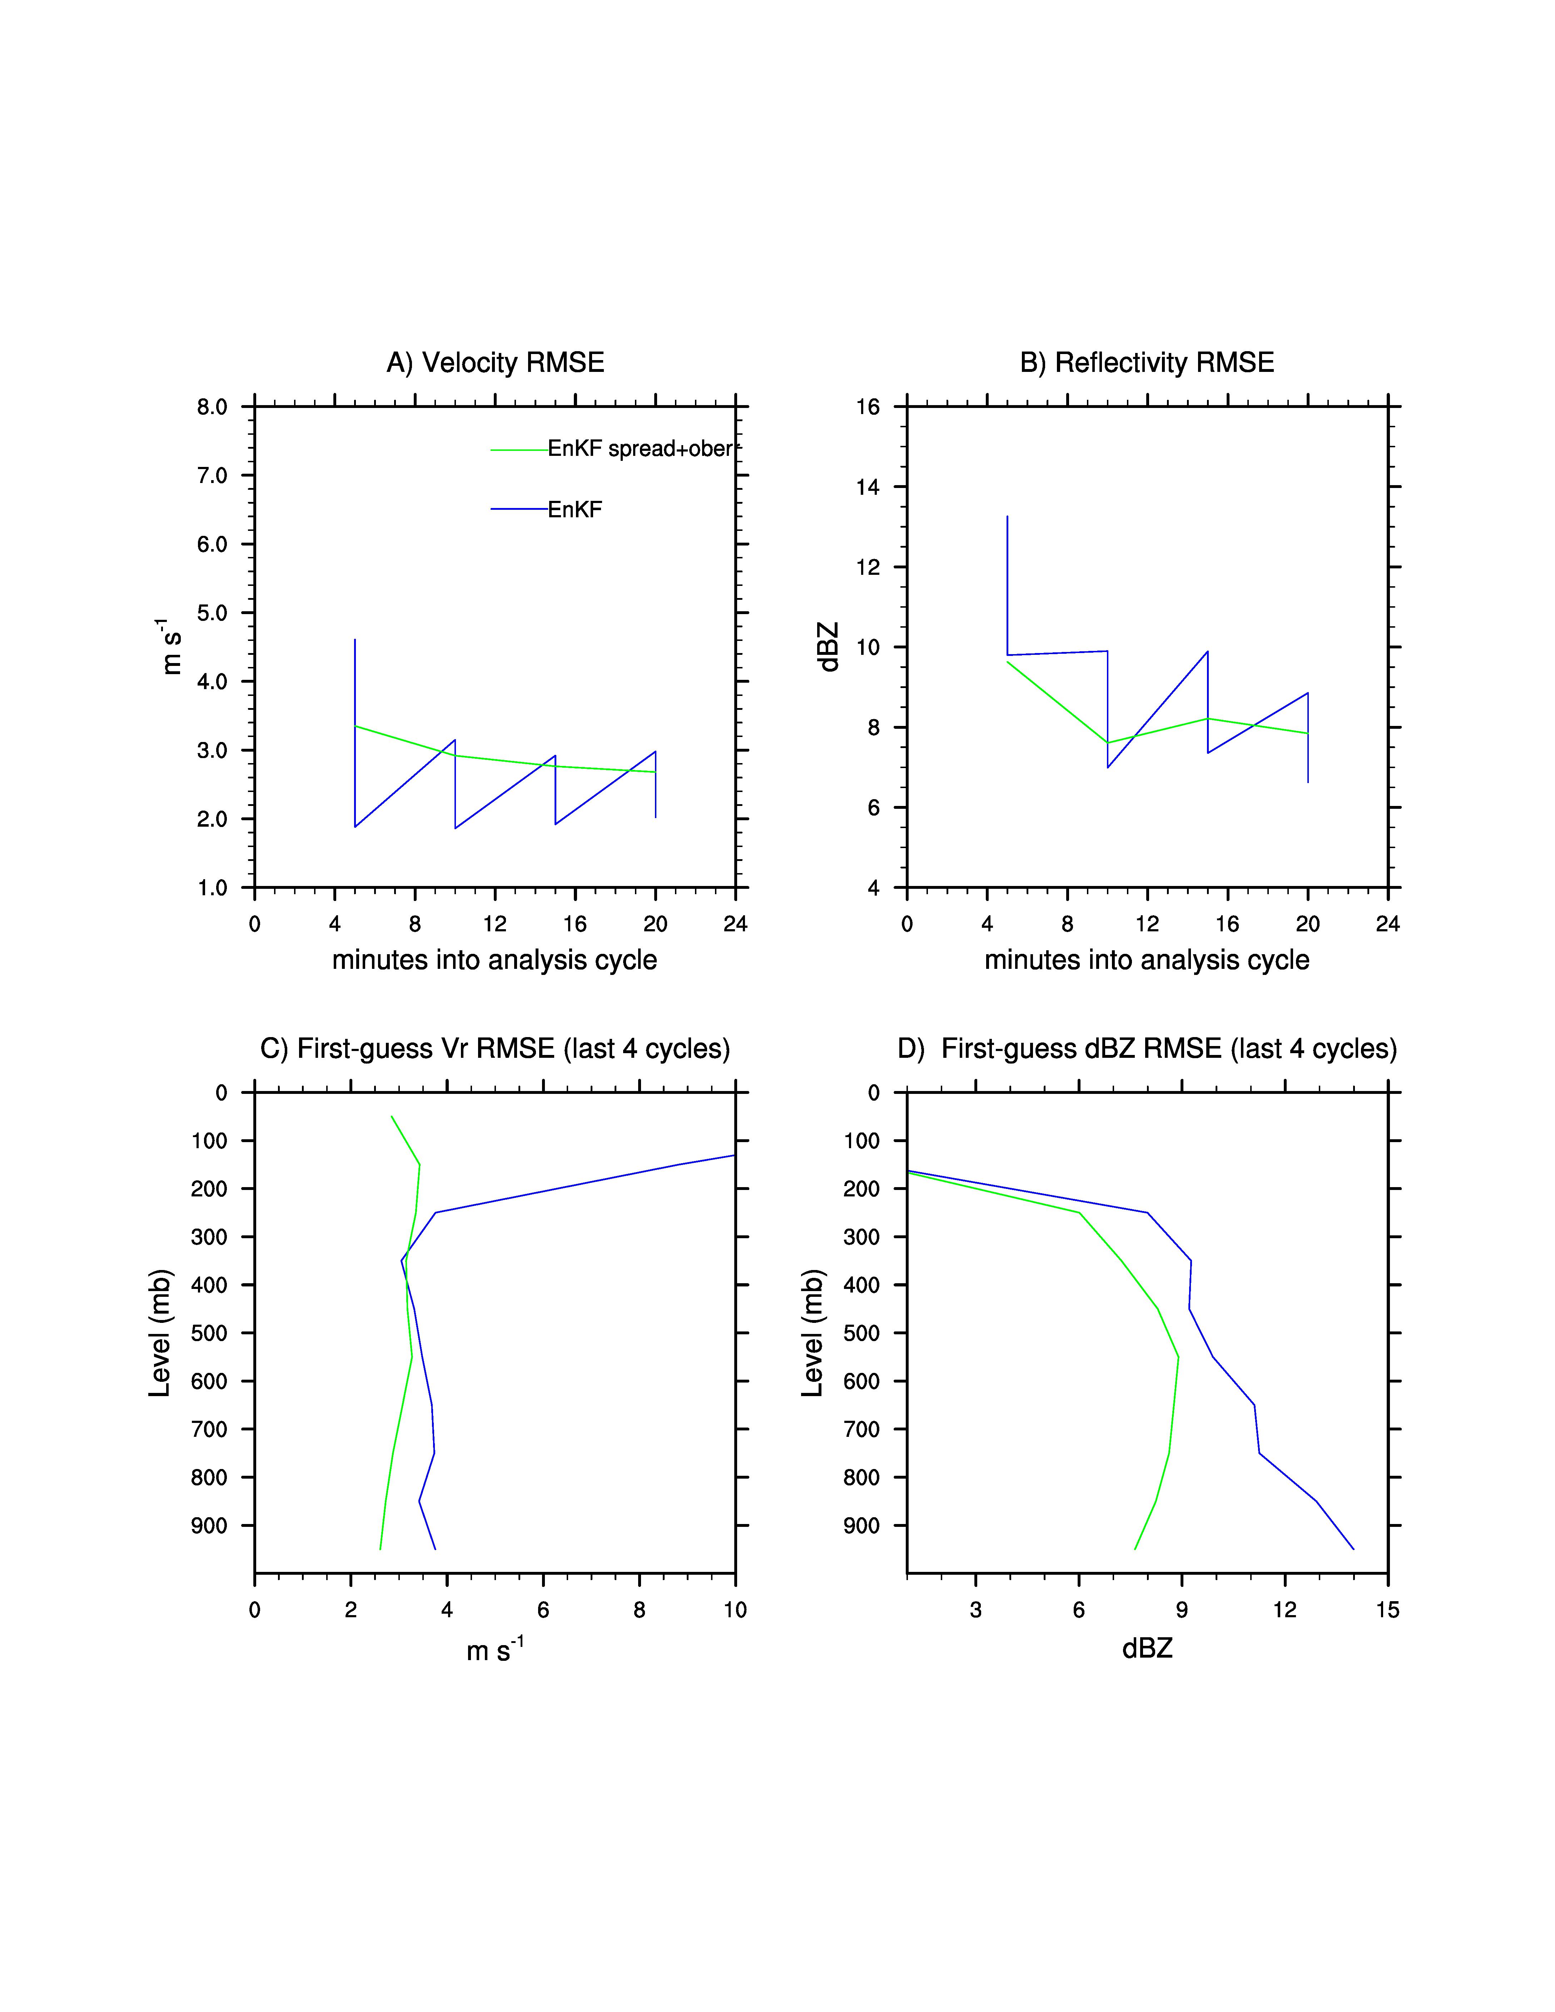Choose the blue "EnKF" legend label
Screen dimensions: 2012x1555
pos(575,509)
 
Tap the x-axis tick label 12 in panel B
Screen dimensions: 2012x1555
pos(1147,924)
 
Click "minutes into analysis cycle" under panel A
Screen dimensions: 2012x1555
pos(495,960)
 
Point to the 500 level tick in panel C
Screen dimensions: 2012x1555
pos(209,1333)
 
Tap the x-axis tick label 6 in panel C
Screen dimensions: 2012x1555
pos(543,1610)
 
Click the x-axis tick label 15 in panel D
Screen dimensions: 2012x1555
pos(1387,1610)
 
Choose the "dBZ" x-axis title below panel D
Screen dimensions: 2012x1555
pos(1147,1648)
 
